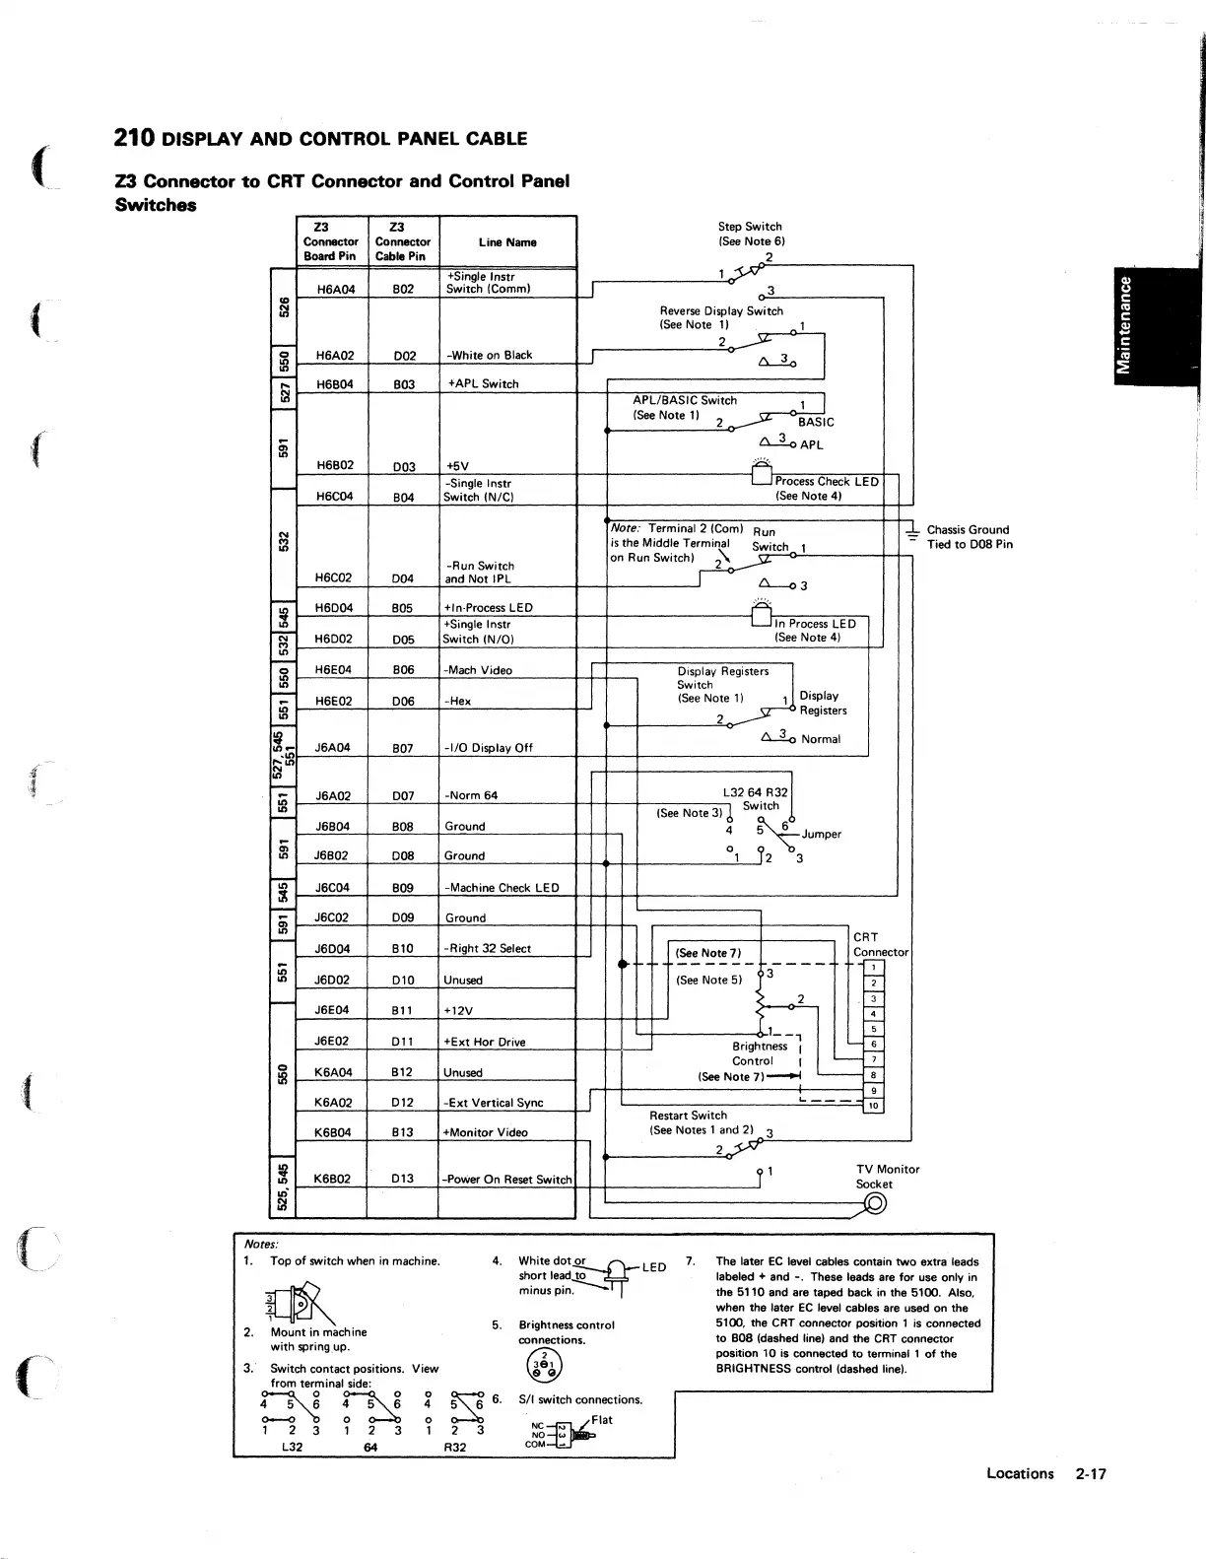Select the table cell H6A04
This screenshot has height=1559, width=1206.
click(x=335, y=290)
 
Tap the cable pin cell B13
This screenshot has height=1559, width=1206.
click(x=402, y=1132)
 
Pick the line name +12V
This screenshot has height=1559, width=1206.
click(x=460, y=1010)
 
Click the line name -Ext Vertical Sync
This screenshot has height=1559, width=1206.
click(x=494, y=1103)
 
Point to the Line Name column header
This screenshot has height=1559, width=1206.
click(x=507, y=242)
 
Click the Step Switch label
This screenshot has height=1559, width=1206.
click(x=750, y=227)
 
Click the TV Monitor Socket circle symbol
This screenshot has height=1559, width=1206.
click(x=874, y=1202)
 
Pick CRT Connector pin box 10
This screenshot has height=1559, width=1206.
click(x=873, y=1106)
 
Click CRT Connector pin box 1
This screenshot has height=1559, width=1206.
click(x=873, y=967)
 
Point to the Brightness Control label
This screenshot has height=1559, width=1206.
click(x=759, y=1053)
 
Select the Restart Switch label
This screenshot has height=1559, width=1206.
click(x=688, y=1116)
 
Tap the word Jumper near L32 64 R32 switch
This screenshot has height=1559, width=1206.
click(x=821, y=834)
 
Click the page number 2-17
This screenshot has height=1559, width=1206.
click(x=1091, y=1474)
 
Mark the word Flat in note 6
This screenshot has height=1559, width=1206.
click(x=602, y=1420)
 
